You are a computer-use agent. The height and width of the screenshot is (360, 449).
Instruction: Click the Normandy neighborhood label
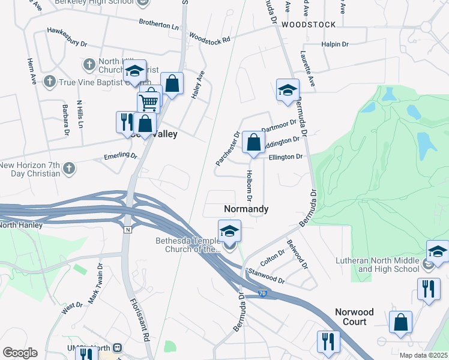click(x=246, y=209)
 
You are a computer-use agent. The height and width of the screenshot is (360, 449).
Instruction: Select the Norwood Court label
click(x=354, y=317)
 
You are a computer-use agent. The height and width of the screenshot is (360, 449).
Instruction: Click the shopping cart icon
click(x=149, y=100)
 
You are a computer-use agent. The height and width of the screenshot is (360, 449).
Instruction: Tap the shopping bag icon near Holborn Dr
click(x=253, y=143)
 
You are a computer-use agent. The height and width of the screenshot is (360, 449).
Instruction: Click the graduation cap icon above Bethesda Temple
click(x=229, y=230)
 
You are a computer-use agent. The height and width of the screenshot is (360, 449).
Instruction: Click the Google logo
click(x=20, y=353)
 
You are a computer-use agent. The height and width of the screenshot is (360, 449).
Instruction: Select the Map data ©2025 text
click(x=423, y=355)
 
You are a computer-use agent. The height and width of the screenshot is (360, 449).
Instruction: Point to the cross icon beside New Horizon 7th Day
click(x=69, y=168)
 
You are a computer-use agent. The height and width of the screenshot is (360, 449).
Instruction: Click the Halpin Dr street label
click(x=335, y=44)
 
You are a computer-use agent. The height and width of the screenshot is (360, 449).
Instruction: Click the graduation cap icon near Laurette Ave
click(x=288, y=90)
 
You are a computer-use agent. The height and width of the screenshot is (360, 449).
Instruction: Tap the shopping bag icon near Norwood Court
click(x=400, y=322)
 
